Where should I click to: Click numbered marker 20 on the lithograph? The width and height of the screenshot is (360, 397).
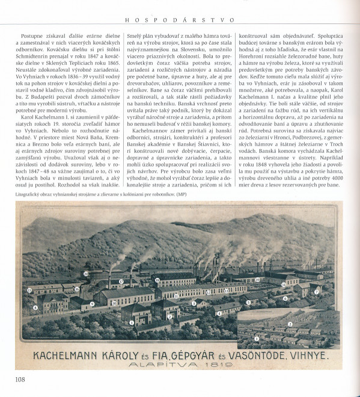(86, 274)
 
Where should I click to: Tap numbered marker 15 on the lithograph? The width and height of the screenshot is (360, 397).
(29, 289)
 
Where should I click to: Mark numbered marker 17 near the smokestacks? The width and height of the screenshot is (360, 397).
(120, 280)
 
